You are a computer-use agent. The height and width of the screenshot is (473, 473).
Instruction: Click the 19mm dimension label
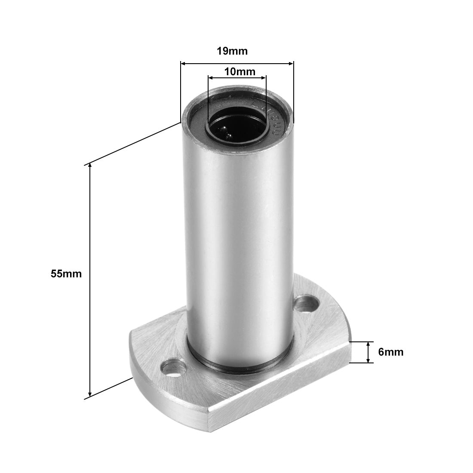coord(232,51)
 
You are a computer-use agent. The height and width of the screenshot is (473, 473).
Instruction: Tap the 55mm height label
coord(66,273)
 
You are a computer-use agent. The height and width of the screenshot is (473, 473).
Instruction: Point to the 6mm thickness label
coord(390,352)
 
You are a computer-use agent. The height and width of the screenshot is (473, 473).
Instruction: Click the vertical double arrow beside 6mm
coord(368,353)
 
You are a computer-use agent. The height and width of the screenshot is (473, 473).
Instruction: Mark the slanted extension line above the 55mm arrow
coord(133,143)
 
